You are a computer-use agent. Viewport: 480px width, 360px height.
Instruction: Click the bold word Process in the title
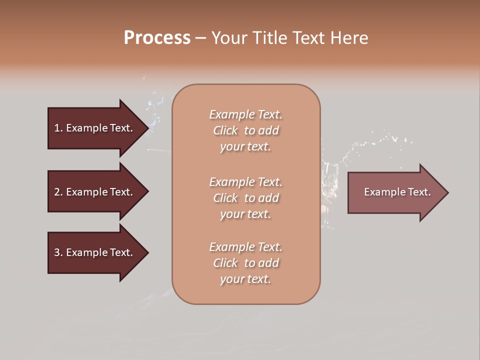pos(157,38)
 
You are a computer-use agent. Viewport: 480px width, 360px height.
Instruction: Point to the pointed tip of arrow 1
pos(147,128)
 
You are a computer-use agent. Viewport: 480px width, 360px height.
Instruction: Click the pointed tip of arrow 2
pos(147,192)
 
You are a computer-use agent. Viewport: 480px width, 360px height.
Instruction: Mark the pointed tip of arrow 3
pos(147,252)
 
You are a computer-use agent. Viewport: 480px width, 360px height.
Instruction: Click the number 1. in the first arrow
pos(58,128)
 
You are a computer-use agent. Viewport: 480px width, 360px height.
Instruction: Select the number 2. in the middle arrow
pos(58,192)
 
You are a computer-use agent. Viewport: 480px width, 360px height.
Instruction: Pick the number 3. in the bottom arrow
pos(58,252)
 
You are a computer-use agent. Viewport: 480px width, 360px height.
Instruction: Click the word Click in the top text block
pos(225,130)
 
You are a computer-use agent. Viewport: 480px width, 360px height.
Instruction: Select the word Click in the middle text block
pos(225,198)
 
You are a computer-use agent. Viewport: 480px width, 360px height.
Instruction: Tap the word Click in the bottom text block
pos(225,263)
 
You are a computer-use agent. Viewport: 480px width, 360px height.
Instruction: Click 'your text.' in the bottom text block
pos(245,279)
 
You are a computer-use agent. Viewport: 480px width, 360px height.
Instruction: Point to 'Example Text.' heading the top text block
pos(245,114)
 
